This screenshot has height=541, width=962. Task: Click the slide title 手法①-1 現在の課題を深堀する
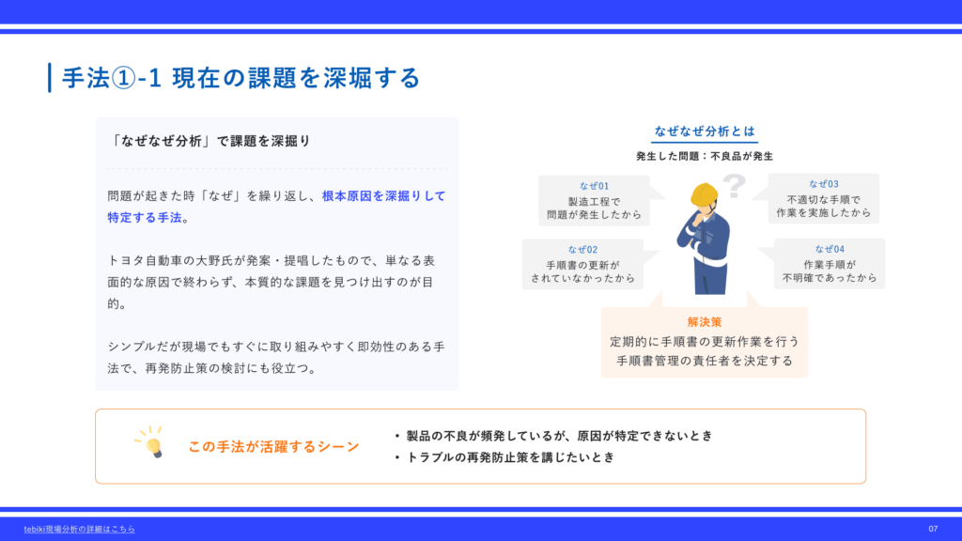point(240,78)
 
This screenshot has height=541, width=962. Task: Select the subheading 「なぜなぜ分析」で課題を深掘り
point(209,141)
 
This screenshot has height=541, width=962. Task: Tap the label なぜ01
point(594,186)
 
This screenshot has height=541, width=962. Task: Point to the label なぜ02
point(582,250)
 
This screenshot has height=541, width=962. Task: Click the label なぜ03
point(823,184)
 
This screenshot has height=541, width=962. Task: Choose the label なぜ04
point(830,249)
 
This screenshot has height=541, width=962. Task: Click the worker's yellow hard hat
point(704,194)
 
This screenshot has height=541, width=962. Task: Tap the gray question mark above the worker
point(734,186)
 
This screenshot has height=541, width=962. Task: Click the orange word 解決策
point(705,322)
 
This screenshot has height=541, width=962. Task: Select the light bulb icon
point(150,442)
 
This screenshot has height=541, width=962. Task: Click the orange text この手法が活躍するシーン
point(273,446)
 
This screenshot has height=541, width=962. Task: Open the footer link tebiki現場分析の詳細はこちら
point(79,529)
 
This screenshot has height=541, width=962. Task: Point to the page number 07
point(933,529)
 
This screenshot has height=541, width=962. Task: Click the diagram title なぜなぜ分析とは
point(705,131)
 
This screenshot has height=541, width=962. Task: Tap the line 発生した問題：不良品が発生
point(705,157)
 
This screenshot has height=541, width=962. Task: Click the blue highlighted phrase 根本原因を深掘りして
point(384,196)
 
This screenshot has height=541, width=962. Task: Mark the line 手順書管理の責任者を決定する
point(705,361)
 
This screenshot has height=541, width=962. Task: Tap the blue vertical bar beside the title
point(50,78)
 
